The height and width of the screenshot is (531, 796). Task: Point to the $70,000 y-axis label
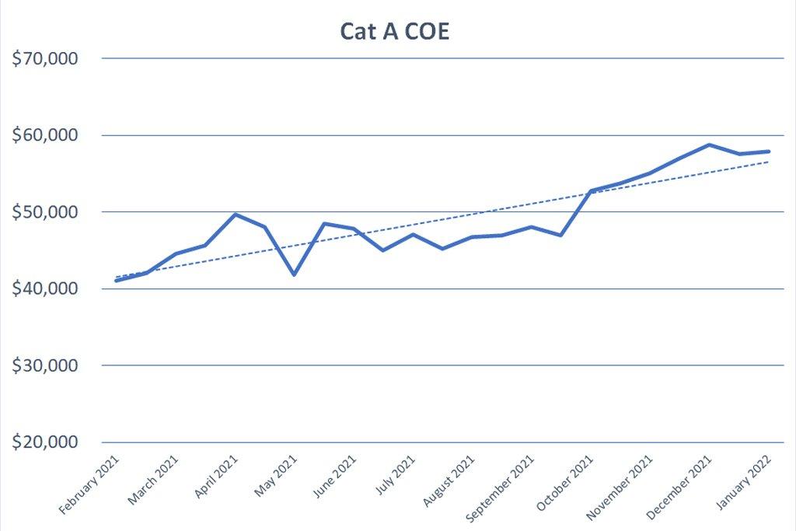(45, 58)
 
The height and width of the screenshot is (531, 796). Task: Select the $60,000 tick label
(45, 135)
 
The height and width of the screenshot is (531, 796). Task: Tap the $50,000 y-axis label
(45, 211)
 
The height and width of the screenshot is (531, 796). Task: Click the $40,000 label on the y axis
(45, 288)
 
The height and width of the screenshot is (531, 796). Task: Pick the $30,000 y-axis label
(45, 365)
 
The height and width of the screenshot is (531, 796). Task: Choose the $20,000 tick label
(45, 442)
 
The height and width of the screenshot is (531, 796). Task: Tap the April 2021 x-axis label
(215, 477)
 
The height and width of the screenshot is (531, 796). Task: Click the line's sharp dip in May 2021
(294, 274)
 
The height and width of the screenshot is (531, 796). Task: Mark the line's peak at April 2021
(235, 214)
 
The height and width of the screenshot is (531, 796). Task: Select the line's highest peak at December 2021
(709, 145)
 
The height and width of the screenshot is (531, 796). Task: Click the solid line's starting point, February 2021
(116, 280)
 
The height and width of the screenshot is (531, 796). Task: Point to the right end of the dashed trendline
(769, 162)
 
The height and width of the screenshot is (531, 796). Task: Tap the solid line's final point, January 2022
(769, 152)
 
